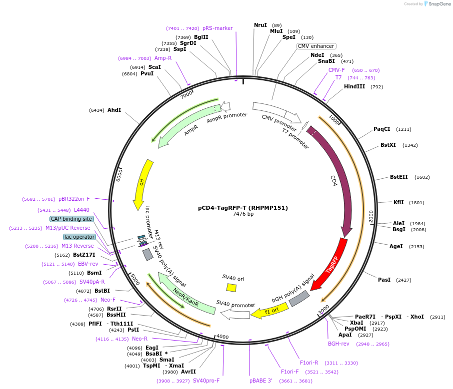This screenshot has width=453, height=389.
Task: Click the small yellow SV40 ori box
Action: click(x=231, y=288)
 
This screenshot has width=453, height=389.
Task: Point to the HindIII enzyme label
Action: click(x=354, y=86)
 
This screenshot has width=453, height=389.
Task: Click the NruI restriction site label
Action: click(x=260, y=25)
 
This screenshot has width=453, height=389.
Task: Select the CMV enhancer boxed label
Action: click(x=316, y=46)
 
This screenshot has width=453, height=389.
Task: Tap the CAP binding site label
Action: click(x=71, y=219)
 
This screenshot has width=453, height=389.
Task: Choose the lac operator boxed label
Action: click(x=79, y=237)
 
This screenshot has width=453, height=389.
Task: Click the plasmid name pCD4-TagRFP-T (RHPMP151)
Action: click(x=243, y=208)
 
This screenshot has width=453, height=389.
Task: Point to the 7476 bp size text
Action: click(x=243, y=214)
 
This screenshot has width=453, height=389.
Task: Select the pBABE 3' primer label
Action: click(x=261, y=381)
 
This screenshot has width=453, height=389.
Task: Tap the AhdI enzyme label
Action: click(x=114, y=110)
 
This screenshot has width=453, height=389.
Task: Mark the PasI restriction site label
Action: click(x=384, y=280)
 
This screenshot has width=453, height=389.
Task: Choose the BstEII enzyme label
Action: click(x=399, y=177)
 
